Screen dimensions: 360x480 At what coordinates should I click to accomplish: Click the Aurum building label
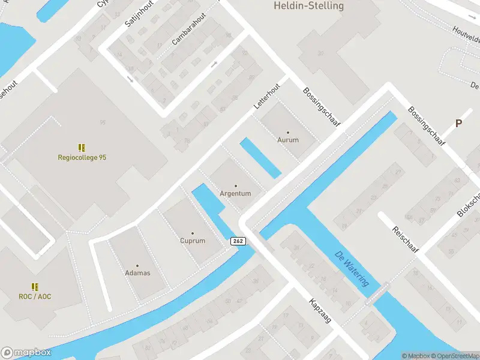[x=287, y=140]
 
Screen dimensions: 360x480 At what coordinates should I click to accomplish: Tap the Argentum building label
[x=235, y=193]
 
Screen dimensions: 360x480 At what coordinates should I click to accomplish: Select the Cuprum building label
[x=193, y=241]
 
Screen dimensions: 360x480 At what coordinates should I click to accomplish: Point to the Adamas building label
[x=137, y=273]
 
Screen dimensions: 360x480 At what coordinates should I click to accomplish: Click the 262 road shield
[x=238, y=241]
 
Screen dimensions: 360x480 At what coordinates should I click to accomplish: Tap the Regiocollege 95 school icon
[x=82, y=147]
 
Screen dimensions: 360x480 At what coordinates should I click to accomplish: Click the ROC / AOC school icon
[x=35, y=287]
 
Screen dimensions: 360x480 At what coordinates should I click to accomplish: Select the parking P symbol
[x=458, y=123]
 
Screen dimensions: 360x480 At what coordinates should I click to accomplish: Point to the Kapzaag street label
[x=320, y=311]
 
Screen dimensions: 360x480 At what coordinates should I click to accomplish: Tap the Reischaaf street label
[x=405, y=239]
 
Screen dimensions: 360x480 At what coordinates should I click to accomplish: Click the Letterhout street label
[x=267, y=95]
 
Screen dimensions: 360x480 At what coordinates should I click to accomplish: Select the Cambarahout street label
[x=188, y=29]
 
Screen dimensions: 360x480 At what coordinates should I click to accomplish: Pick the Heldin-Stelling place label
[x=308, y=6]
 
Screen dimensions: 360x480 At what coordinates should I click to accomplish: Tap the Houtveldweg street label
[x=467, y=37]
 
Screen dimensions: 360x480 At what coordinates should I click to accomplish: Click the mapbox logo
[x=26, y=353]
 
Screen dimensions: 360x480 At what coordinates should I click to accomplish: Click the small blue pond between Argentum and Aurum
[x=260, y=158]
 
